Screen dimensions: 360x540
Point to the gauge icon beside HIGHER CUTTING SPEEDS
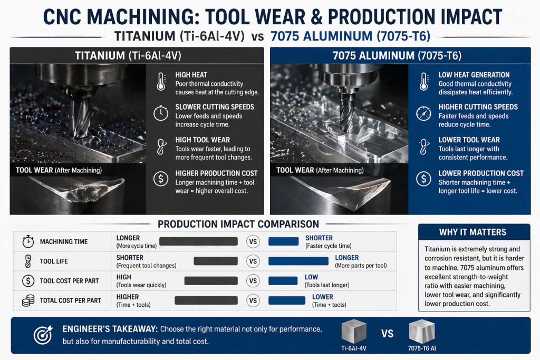coord(423,114)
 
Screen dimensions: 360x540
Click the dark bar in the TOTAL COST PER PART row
coord(206,300)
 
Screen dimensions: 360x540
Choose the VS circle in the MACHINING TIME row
coord(253,241)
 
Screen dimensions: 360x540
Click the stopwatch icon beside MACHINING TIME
coord(27,241)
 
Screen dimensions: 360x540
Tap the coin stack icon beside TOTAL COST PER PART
coord(27,300)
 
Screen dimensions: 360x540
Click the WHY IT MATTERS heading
coord(473,232)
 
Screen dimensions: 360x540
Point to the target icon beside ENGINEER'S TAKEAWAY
coord(42,335)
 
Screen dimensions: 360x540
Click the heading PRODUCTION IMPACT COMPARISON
coord(238,224)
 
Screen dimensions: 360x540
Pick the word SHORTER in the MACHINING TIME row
coord(319,238)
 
